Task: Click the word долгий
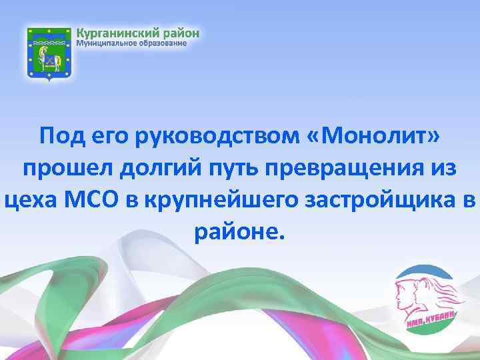[x=144, y=168]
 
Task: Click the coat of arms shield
[x=49, y=54]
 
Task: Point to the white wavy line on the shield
[x=49, y=46]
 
